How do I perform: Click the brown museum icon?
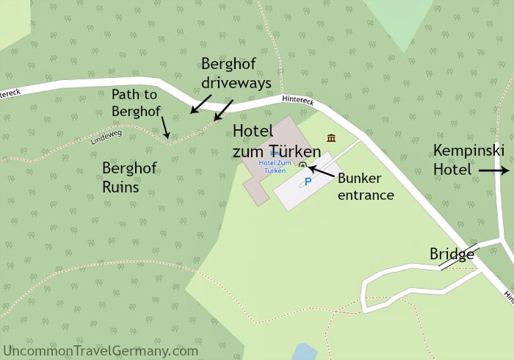point(331,137)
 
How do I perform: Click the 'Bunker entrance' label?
point(365,187)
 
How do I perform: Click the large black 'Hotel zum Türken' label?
point(277,141)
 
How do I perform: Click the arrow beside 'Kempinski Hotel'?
point(493,170)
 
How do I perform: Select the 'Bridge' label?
point(452,254)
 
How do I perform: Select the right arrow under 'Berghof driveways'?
point(222,109)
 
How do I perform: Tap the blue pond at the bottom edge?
point(304,352)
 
